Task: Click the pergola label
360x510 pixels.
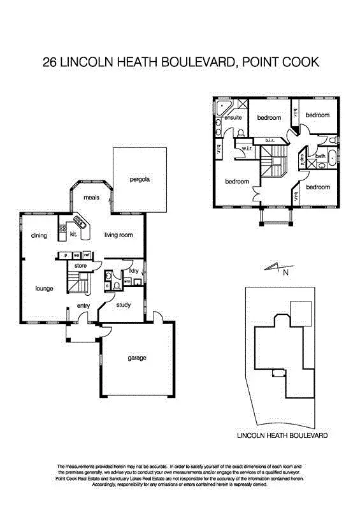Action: (x=140, y=179)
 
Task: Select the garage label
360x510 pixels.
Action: (x=136, y=358)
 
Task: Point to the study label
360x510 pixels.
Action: (x=124, y=305)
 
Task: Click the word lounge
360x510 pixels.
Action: (x=43, y=289)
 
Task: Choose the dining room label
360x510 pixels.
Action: (x=39, y=236)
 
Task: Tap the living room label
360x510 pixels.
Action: (x=119, y=235)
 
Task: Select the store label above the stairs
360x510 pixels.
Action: (x=80, y=265)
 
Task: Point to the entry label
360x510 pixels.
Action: (x=83, y=306)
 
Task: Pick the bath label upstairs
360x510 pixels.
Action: (x=320, y=156)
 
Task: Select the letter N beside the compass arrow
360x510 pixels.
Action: (x=285, y=272)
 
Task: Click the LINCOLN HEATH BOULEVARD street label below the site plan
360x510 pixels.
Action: (x=282, y=436)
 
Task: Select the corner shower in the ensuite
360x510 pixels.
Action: (x=224, y=106)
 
